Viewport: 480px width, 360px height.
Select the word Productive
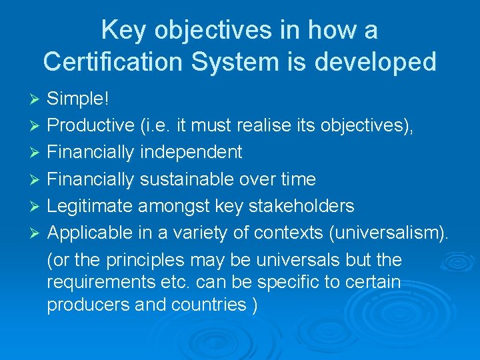91,126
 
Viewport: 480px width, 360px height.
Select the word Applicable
89,233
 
